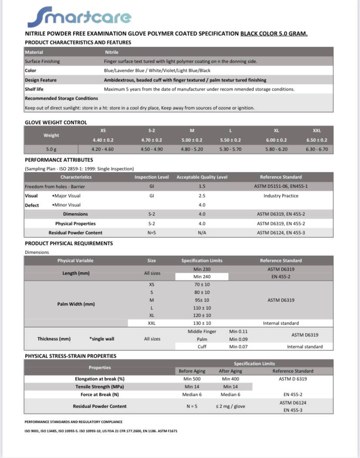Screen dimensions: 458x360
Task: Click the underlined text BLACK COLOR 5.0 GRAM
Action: (274, 33)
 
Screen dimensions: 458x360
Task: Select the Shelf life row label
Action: (34, 89)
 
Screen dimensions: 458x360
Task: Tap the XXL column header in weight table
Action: (317, 130)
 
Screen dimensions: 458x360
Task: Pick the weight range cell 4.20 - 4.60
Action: (103, 149)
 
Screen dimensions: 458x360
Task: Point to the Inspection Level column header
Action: (151, 177)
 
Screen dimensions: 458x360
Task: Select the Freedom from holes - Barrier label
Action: (55, 187)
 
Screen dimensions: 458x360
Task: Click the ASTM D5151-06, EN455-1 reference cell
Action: (281, 187)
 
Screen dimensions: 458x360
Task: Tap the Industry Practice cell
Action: (281, 196)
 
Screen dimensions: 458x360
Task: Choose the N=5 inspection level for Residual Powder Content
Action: (151, 233)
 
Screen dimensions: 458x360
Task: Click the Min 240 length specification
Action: (202, 277)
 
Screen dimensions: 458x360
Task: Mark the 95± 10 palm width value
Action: (202, 300)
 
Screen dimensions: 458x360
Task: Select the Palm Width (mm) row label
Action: (76, 304)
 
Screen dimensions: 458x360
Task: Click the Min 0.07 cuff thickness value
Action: (239, 347)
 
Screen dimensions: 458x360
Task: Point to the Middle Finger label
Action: (202, 331)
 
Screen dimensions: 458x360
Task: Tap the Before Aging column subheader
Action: (192, 371)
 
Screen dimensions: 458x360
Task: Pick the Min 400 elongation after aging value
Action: (230, 379)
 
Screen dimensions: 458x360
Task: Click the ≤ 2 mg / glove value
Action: (230, 406)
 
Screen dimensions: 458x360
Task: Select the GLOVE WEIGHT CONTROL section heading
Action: (56, 122)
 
